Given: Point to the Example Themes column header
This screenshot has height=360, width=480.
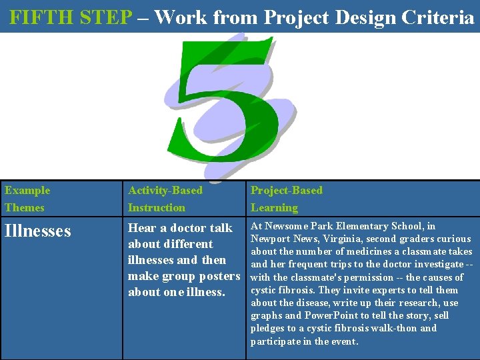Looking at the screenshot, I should click(27, 199).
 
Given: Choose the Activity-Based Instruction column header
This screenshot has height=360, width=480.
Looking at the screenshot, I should click(165, 199).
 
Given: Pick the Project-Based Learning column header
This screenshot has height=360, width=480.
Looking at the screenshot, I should click(286, 199).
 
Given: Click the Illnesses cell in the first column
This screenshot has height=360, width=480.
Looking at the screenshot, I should click(38, 231).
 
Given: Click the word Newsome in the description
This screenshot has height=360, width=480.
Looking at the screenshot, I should click(285, 227).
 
